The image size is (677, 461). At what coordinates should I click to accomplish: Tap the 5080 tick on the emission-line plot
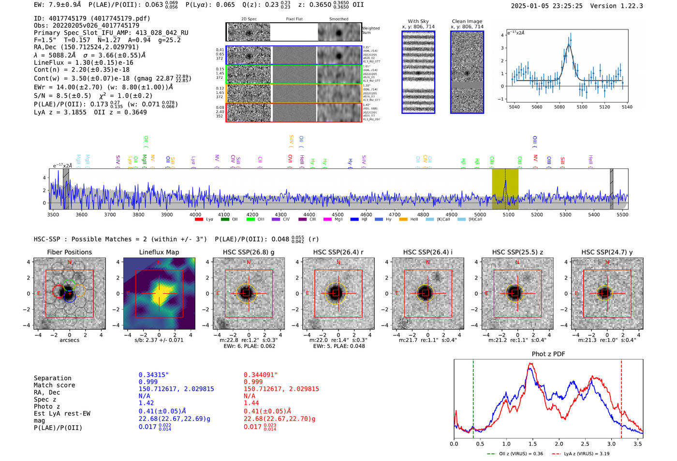point(559,107)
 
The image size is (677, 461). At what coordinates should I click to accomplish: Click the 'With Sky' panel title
point(418,21)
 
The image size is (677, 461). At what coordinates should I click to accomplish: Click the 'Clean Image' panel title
point(467,21)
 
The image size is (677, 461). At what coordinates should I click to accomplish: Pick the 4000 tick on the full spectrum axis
point(195,214)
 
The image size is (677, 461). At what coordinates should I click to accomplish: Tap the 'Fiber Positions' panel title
point(69,252)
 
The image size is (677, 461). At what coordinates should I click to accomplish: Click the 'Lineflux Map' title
point(159,252)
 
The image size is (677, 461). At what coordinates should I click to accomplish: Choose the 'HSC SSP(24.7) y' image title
point(607,252)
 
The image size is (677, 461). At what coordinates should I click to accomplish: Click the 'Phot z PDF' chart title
point(548,354)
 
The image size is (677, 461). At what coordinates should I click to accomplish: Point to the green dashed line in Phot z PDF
point(473,397)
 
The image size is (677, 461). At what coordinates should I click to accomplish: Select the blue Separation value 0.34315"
point(154,375)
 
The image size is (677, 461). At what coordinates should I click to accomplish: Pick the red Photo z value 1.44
point(251,403)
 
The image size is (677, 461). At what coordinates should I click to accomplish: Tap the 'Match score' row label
point(54,385)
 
